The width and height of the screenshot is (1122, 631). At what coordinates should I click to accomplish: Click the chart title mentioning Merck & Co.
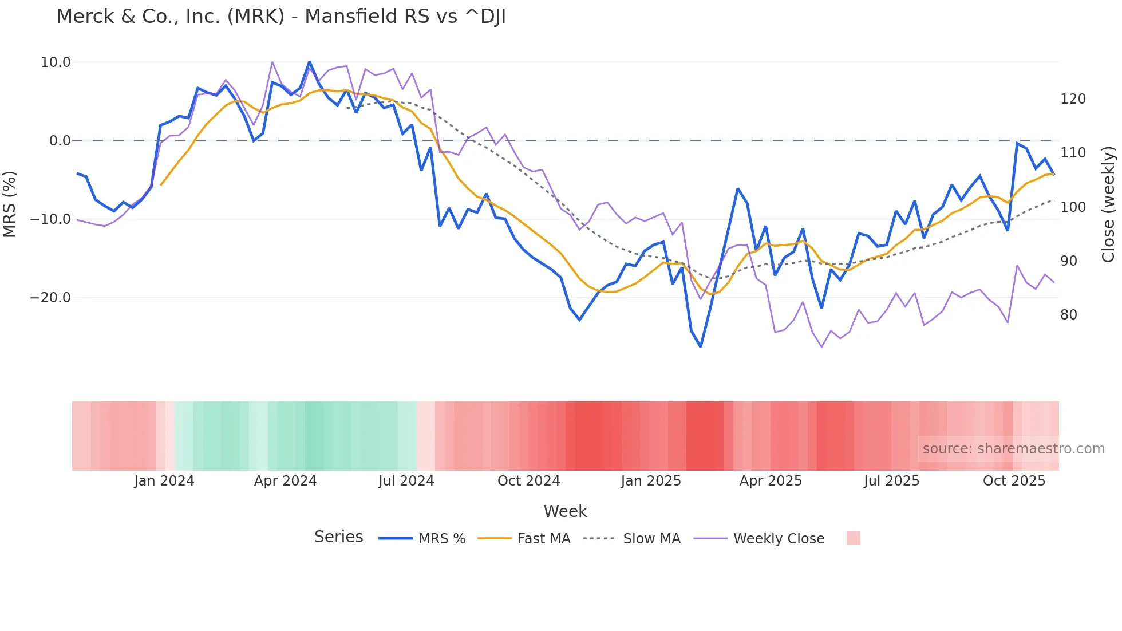[x=280, y=17]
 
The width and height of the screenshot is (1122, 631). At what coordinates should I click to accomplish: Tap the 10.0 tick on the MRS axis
[x=56, y=62]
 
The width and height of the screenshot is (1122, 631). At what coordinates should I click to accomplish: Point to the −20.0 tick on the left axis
[x=50, y=298]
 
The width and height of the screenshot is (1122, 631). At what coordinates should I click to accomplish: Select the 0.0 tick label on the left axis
[x=60, y=141]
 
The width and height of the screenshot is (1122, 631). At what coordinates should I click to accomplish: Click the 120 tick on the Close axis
[x=1073, y=99]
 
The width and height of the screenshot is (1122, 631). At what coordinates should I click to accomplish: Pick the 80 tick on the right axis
[x=1069, y=315]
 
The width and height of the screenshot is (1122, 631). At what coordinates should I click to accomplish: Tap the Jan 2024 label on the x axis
[x=164, y=481]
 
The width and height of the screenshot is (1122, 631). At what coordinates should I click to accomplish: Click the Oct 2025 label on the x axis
[x=1014, y=481]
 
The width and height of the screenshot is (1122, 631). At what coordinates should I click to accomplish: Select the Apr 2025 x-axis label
[x=771, y=481]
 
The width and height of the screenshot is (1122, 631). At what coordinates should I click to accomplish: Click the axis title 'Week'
[x=565, y=511]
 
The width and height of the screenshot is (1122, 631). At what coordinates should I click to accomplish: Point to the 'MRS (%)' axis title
[x=9, y=204]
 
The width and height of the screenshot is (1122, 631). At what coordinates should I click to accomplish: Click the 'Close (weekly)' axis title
[x=1108, y=204]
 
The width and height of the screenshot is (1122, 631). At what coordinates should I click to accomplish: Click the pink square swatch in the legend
[x=853, y=538]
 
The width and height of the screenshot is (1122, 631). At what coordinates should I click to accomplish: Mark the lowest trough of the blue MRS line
[x=701, y=346]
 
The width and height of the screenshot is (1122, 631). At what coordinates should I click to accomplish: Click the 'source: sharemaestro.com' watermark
[x=1013, y=449]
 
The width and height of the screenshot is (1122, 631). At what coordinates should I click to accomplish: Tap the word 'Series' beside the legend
[x=338, y=537]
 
